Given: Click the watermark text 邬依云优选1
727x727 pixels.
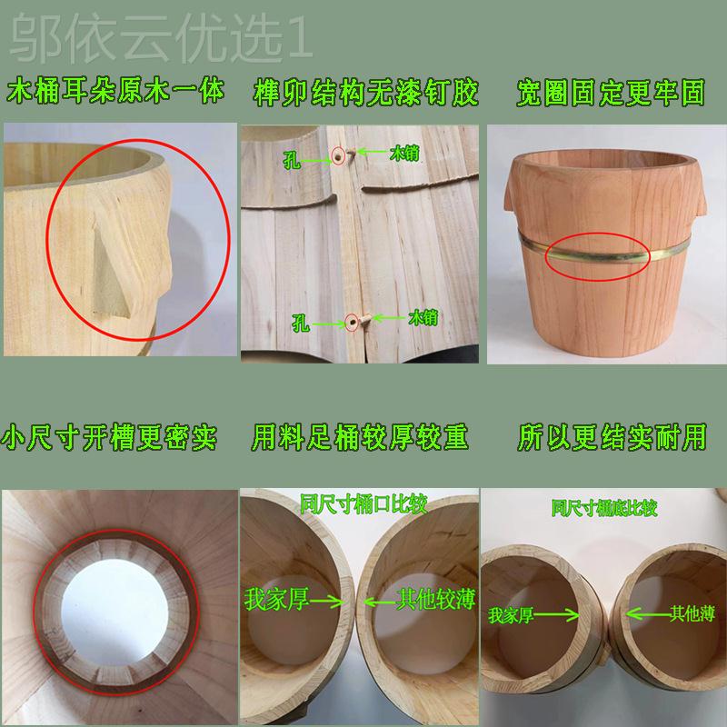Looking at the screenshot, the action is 162,38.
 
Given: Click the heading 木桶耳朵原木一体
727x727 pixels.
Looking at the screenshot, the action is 115,92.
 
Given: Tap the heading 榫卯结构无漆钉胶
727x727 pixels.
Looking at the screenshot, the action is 366,93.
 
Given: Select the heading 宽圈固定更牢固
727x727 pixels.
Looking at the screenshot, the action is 611,93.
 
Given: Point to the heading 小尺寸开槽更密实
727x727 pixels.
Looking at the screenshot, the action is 109,437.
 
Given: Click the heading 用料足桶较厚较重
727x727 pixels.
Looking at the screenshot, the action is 360,437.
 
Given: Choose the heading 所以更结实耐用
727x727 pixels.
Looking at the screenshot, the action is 612,437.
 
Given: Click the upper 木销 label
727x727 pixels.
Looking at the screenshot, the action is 404,153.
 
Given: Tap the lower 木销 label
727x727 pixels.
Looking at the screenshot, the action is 423,318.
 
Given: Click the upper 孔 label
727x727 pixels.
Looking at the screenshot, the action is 292,161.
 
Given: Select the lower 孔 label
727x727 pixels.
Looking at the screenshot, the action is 301,323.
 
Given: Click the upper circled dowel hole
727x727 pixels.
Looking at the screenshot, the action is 338,156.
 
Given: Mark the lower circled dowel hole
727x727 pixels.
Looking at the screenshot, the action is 353,322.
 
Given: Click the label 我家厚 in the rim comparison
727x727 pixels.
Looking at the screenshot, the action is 277,599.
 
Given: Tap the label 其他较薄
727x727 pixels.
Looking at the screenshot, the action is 436,599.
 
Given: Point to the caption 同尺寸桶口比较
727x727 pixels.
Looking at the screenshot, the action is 363,504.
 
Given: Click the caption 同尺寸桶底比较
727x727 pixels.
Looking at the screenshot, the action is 604,508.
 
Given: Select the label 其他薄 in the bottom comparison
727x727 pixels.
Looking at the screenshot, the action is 692,614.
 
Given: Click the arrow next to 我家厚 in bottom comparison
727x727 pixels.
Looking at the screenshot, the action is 556,616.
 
